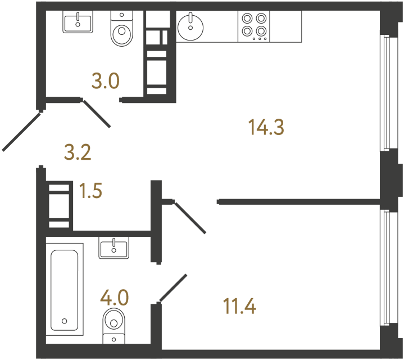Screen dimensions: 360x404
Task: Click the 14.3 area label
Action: (x=267, y=128)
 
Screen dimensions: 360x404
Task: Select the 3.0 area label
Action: (x=106, y=82)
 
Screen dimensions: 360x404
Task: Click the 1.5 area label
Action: (x=91, y=191)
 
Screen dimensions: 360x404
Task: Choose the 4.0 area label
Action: (x=115, y=296)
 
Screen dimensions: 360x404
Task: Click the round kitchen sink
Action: (x=191, y=26)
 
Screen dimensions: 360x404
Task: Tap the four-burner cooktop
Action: (x=254, y=26)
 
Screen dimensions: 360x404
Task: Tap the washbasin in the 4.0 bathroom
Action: (x=114, y=247)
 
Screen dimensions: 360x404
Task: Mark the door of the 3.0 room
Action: (x=97, y=113)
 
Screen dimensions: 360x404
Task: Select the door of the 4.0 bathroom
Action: (x=173, y=288)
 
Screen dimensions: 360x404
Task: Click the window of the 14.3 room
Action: (x=385, y=93)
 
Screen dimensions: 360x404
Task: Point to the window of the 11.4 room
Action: (x=385, y=267)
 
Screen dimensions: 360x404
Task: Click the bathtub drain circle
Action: (x=65, y=321)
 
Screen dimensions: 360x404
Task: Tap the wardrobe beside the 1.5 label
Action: (x=60, y=204)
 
